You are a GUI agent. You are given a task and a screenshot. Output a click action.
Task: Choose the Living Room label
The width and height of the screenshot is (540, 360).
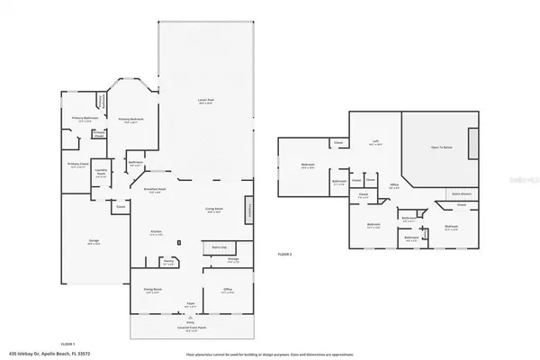[214, 210]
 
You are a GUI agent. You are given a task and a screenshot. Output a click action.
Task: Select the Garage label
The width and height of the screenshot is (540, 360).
[93, 241]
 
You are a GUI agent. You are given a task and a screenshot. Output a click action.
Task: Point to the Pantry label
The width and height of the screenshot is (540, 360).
[167, 264]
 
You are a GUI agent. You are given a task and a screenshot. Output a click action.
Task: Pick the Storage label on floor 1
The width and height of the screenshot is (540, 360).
[232, 259]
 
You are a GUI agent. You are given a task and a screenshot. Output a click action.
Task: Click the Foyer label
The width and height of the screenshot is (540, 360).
[191, 304]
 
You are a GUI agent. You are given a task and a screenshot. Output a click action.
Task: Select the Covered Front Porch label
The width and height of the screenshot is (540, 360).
[191, 326]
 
